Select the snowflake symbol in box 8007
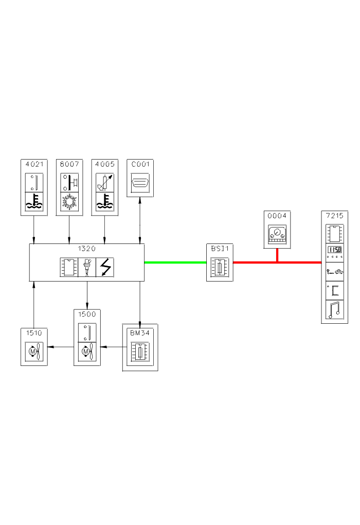click(69, 202)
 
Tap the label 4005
click(105, 164)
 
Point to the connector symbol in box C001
click(140, 183)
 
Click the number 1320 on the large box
click(86, 248)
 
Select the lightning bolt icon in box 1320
click(105, 268)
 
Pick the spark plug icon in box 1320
click(87, 268)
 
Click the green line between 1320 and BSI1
click(175, 262)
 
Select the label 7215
click(334, 215)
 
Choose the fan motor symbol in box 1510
click(34, 352)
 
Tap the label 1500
click(86, 313)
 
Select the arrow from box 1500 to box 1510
click(61, 347)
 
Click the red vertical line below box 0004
click(278, 255)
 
